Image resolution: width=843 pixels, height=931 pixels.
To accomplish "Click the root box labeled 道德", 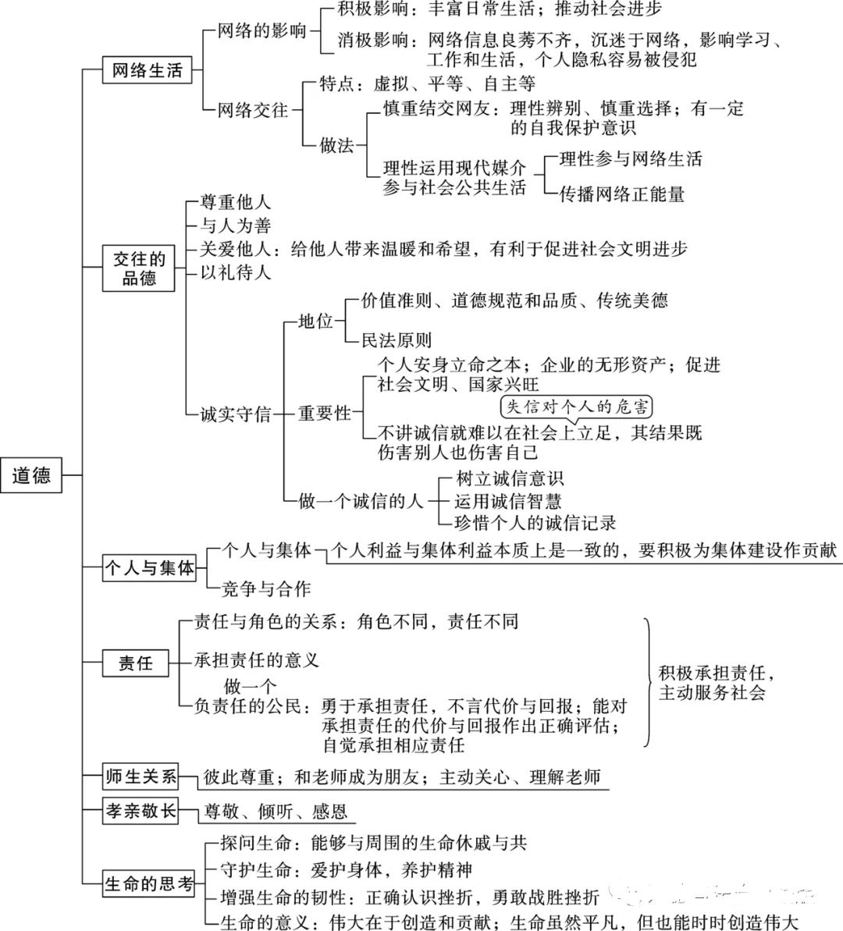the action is click(x=31, y=475).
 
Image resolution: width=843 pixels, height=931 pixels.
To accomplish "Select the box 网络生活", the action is click(x=148, y=70).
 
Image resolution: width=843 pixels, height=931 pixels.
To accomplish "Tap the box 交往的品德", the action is click(x=138, y=268).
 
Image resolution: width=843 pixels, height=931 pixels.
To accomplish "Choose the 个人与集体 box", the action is click(x=149, y=567).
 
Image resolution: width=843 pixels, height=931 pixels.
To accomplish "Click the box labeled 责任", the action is click(x=136, y=663).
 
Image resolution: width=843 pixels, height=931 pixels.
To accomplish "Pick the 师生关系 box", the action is click(x=140, y=776).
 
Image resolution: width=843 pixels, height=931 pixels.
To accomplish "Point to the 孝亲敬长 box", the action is click(x=140, y=811).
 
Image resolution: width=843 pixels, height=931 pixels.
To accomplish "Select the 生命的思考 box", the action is click(x=148, y=883).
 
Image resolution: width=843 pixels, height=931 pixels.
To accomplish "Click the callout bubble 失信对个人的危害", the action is click(x=576, y=407).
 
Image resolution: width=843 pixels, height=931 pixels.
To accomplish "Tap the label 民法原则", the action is click(x=397, y=340).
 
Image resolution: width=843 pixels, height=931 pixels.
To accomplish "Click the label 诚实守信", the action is click(x=235, y=414).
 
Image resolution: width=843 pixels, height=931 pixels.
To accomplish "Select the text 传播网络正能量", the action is click(x=622, y=194).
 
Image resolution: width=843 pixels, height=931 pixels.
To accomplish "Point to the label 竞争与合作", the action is click(x=266, y=588).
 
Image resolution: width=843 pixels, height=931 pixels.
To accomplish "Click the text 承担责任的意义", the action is click(x=257, y=659).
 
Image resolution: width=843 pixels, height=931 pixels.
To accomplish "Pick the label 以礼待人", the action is click(x=235, y=272).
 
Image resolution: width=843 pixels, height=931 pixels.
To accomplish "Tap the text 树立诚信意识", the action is click(x=509, y=478).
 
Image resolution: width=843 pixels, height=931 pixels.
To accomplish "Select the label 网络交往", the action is click(x=252, y=110).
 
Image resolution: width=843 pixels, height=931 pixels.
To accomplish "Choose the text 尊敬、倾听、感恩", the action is click(x=276, y=811).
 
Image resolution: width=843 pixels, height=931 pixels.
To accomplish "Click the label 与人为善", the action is click(x=235, y=226).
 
